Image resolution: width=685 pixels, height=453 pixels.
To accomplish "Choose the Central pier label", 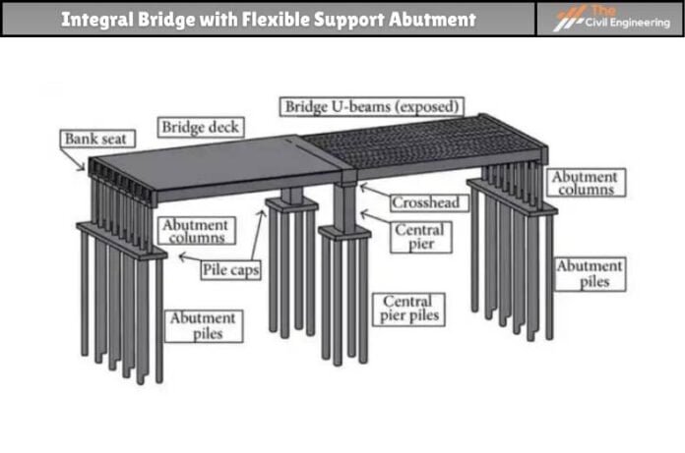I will point(418,237).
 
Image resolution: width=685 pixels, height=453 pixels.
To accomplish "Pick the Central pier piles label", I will point(407,308).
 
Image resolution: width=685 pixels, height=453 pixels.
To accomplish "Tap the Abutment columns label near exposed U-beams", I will point(585,184).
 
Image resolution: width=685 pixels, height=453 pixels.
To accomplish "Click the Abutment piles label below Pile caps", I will point(202,325).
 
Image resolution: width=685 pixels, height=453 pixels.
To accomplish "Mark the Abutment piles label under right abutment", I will point(589,273).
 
